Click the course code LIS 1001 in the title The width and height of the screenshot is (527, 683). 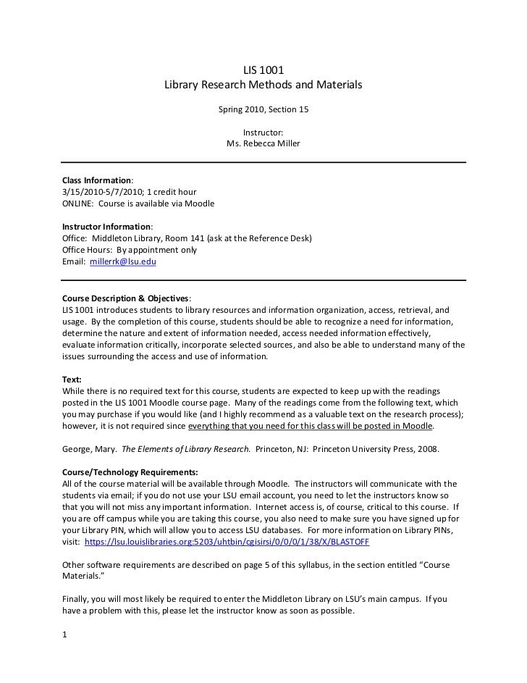(x=263, y=70)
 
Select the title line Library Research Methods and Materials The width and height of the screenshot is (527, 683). (x=263, y=85)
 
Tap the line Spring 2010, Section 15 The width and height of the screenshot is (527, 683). (x=263, y=110)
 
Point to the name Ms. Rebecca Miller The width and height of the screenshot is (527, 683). (x=263, y=144)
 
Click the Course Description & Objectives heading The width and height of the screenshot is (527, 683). (x=125, y=298)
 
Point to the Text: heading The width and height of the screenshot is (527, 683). (x=72, y=379)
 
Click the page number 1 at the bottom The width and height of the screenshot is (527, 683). (x=65, y=636)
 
